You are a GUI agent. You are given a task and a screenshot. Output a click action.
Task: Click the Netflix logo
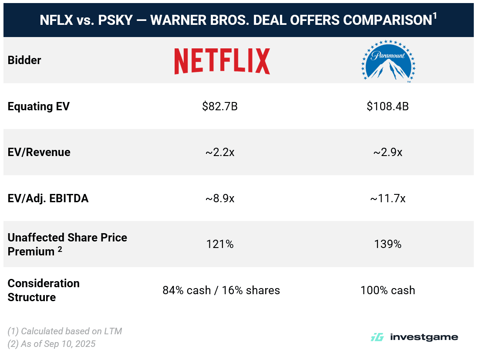tap(222, 61)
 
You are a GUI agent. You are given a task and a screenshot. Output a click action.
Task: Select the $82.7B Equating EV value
tap(219, 106)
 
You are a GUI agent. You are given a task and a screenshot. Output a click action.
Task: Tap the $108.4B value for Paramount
tap(388, 106)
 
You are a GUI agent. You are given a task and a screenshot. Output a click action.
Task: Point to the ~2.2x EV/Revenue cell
tap(220, 153)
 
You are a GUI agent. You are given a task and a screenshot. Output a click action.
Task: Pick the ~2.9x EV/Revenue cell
tap(388, 153)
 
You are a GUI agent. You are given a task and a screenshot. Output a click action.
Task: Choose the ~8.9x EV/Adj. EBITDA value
tap(220, 199)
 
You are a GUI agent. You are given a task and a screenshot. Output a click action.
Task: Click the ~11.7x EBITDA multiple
tap(388, 199)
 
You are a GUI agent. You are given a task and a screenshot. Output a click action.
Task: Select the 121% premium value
tap(220, 245)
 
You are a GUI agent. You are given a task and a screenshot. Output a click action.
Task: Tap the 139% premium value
tap(388, 245)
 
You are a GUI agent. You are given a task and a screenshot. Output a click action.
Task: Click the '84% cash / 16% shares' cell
tap(221, 290)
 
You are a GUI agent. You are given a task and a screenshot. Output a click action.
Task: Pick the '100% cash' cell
tap(388, 290)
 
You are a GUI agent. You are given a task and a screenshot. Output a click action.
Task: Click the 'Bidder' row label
tap(24, 61)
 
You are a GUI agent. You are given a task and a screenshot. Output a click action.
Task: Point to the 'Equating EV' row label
tap(38, 106)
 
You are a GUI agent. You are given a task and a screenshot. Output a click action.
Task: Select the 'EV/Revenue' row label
tap(39, 153)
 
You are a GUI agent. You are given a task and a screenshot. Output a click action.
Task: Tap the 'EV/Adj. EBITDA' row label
tap(48, 199)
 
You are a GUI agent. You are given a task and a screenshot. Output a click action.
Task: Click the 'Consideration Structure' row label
tap(44, 290)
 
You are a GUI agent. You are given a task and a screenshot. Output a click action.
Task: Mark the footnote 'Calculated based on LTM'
tap(65, 331)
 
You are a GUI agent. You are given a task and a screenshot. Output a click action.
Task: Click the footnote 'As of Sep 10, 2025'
tap(52, 344)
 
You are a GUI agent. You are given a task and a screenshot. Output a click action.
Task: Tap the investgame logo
tap(414, 337)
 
